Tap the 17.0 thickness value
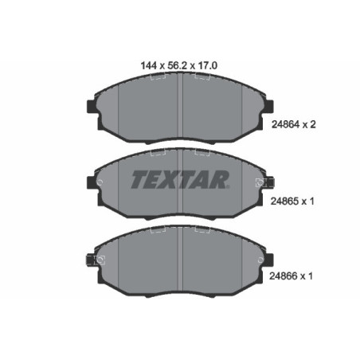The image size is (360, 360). (208, 68)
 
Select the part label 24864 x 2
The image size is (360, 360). (295, 124)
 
